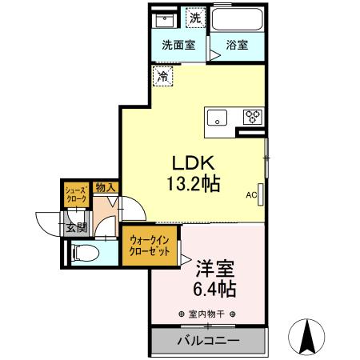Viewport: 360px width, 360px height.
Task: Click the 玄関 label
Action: point(77,227)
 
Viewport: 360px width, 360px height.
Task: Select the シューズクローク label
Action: point(77,194)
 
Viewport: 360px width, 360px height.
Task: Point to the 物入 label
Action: point(106,188)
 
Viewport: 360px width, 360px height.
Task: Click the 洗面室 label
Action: point(178,46)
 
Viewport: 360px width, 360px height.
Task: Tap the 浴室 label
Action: point(236,46)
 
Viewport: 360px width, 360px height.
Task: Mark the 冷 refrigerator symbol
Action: point(163,77)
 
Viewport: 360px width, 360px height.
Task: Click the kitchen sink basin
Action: point(218,117)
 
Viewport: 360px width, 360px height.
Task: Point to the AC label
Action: point(250,194)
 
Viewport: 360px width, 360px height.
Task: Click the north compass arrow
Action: point(306,335)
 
